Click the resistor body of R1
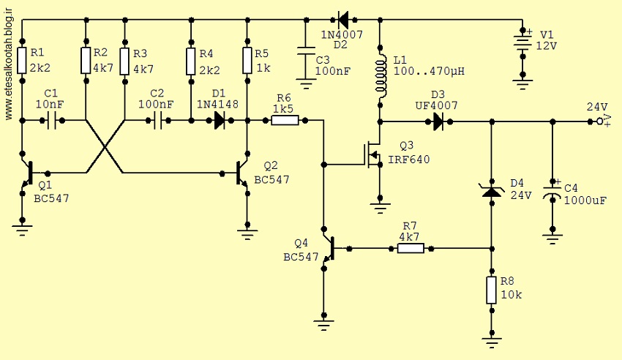(22, 61)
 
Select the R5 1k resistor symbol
(247, 61)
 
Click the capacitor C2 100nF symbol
(157, 120)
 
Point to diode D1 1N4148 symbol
(219, 120)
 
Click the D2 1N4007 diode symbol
(343, 18)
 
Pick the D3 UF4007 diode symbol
(438, 121)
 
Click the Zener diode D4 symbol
(492, 191)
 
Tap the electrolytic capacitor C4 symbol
(552, 191)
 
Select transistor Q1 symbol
(28, 173)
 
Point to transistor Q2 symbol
(242, 173)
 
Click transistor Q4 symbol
(329, 249)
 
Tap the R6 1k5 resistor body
(285, 120)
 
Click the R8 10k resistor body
(492, 290)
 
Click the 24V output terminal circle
(600, 121)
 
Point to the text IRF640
(408, 160)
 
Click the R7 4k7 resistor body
(411, 249)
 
